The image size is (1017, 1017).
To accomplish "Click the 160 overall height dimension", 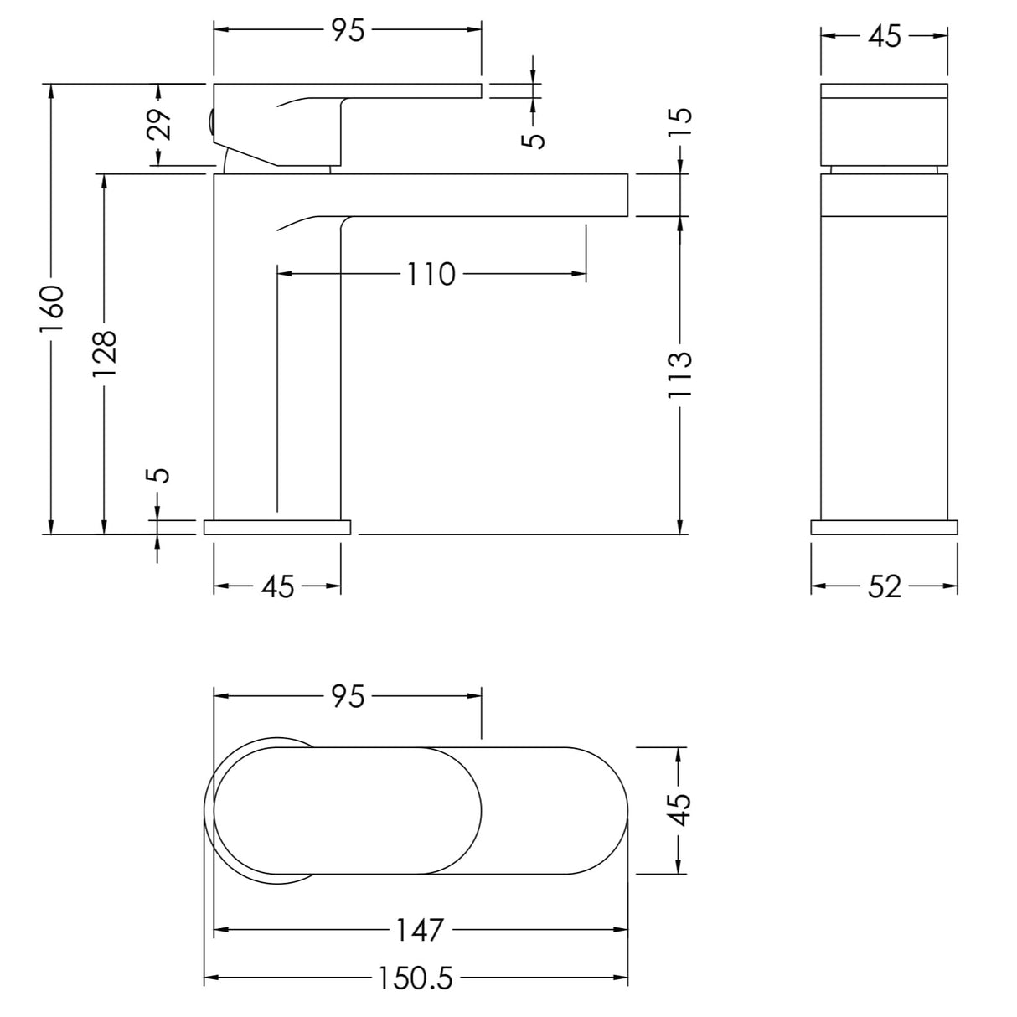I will (52, 308).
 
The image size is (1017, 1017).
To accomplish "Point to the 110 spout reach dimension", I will (431, 274).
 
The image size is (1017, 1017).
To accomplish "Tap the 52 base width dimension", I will (885, 587).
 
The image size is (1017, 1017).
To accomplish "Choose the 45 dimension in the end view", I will (885, 36).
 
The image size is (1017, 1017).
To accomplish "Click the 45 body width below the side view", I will (277, 587).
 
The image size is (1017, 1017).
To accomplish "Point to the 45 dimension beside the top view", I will (680, 810).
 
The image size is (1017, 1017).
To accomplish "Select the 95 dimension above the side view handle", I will (348, 30).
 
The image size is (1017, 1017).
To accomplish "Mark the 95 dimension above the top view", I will (348, 696).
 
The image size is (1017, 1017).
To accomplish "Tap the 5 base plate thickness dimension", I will (159, 475).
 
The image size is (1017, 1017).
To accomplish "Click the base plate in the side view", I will (277, 527).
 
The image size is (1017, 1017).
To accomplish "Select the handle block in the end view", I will (885, 124).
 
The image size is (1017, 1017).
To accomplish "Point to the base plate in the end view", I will (885, 527).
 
